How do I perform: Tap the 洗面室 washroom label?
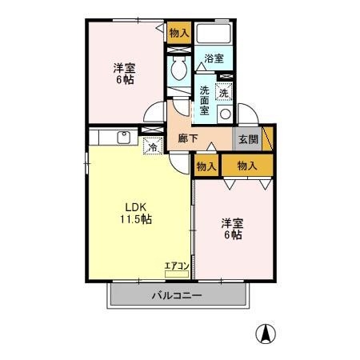coord(206,100)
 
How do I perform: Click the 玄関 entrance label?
coord(247,138)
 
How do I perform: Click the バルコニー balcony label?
coord(177,295)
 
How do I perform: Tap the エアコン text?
coord(176,266)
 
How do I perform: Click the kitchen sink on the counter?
coord(124,137)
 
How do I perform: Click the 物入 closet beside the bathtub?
coord(178,33)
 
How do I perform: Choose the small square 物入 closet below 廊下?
coord(206,166)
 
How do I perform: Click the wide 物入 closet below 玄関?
coord(247,165)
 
